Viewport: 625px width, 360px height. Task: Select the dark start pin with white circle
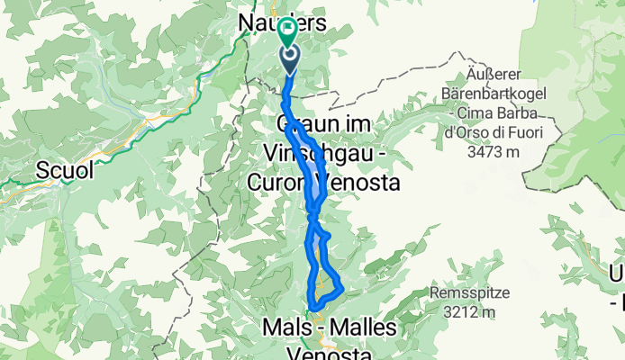[290, 60]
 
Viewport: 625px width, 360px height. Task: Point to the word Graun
[300, 124]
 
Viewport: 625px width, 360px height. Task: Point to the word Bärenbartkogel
[491, 94]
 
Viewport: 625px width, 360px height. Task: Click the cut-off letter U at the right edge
[618, 273]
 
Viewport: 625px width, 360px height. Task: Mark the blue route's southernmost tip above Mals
[314, 310]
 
